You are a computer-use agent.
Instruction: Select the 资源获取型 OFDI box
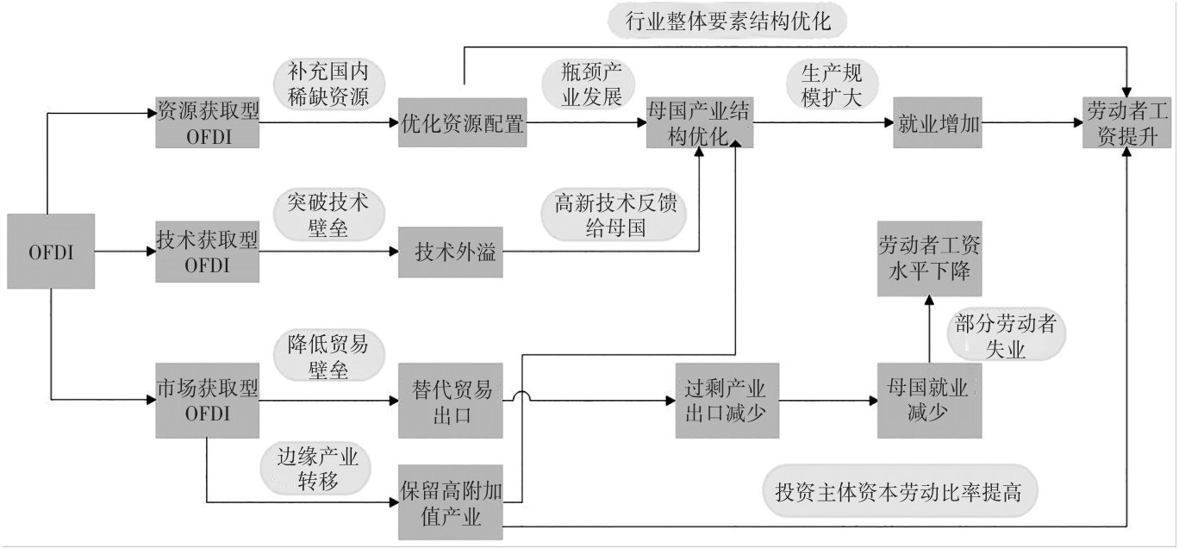pyautogui.click(x=207, y=123)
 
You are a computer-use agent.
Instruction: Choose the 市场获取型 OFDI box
pyautogui.click(x=207, y=401)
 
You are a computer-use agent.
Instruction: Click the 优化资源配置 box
pyautogui.click(x=463, y=123)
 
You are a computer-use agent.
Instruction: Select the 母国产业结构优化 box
pyautogui.click(x=698, y=123)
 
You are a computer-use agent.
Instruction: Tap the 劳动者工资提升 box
pyautogui.click(x=1127, y=123)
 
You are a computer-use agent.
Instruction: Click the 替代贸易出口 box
pyautogui.click(x=449, y=401)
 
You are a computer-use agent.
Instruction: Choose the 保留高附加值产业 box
pyautogui.click(x=451, y=500)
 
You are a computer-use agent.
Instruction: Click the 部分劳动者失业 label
pyautogui.click(x=1006, y=336)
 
